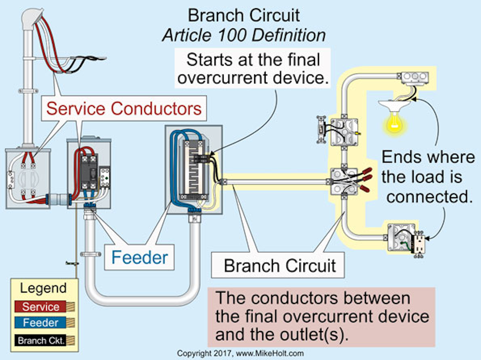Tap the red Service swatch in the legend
pyautogui.click(x=40, y=307)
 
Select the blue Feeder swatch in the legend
pyautogui.click(x=40, y=323)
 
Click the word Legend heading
pyautogui.click(x=43, y=288)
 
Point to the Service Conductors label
pyautogui.click(x=124, y=108)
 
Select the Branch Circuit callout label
pyautogui.click(x=280, y=265)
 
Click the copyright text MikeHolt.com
pyautogui.click(x=240, y=353)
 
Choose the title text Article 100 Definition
pyautogui.click(x=244, y=36)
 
